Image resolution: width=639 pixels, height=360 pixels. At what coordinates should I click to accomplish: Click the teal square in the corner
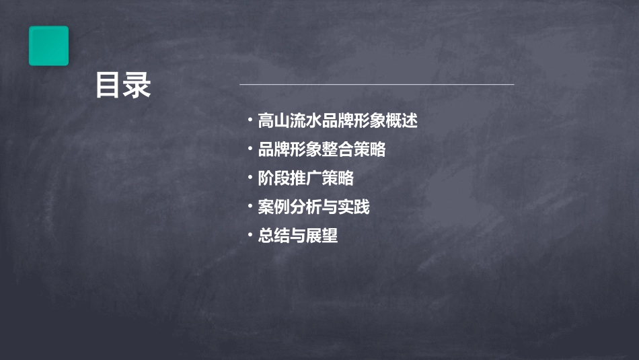tap(48, 46)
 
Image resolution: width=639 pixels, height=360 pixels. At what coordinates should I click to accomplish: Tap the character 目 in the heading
tap(108, 85)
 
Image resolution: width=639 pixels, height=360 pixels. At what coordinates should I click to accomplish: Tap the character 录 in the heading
tap(137, 85)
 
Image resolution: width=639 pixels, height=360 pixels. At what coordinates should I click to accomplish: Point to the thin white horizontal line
tap(377, 84)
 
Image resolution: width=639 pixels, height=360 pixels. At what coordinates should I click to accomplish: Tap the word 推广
tap(306, 178)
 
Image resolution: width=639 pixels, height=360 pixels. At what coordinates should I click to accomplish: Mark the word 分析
tap(306, 207)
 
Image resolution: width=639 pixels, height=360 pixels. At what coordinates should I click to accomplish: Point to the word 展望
tap(322, 236)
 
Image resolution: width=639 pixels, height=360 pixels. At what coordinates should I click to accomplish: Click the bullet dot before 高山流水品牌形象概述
tap(250, 121)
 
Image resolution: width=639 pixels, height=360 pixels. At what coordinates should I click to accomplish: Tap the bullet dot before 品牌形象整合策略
tap(250, 149)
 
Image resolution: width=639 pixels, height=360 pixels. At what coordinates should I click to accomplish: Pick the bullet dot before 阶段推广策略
tap(250, 178)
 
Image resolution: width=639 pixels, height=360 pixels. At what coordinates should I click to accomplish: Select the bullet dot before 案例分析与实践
tap(250, 207)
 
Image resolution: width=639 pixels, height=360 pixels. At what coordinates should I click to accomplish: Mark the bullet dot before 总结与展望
tap(250, 236)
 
